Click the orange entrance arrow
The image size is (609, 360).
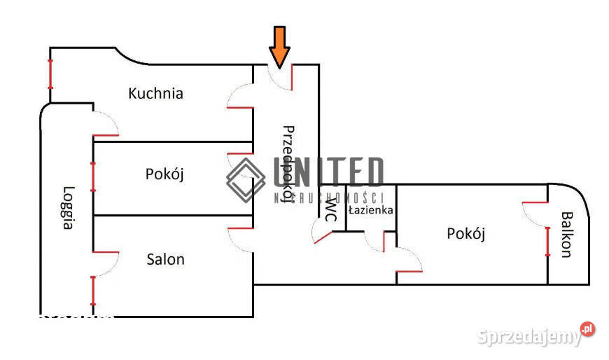(x=279, y=46)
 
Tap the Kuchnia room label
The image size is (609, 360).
(x=156, y=93)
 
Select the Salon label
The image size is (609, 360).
(x=165, y=259)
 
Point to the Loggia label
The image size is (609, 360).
(x=68, y=207)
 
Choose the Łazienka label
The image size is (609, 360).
(x=371, y=209)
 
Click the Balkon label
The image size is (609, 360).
(x=567, y=234)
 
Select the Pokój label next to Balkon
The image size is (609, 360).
(x=466, y=234)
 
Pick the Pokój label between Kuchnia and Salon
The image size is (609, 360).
(x=164, y=174)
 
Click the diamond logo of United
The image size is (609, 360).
(x=245, y=179)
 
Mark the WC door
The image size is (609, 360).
(x=322, y=235)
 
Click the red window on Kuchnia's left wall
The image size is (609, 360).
(x=50, y=72)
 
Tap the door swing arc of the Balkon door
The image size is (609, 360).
(x=535, y=214)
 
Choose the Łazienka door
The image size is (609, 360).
(x=374, y=241)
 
